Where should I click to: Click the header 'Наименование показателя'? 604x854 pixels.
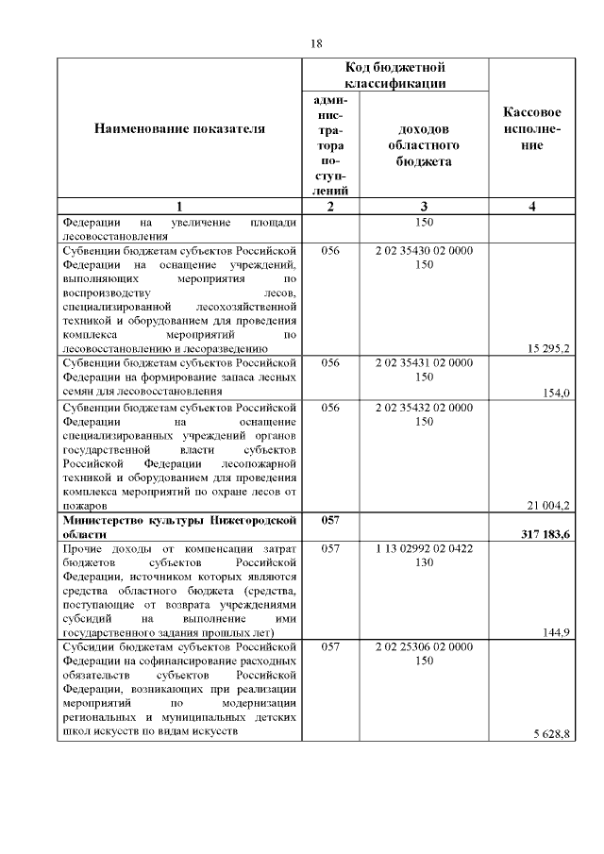179,128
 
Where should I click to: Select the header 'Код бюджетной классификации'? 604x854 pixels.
394,75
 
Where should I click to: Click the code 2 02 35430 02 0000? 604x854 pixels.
424,251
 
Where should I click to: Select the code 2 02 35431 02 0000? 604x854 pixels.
424,363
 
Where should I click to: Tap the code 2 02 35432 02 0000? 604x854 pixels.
424,408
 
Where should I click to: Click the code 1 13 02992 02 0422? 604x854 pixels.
424,548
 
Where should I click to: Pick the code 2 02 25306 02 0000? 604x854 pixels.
424,647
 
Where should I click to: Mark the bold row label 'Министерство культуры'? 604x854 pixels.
179,520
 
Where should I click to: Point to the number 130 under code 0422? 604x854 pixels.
424,562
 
